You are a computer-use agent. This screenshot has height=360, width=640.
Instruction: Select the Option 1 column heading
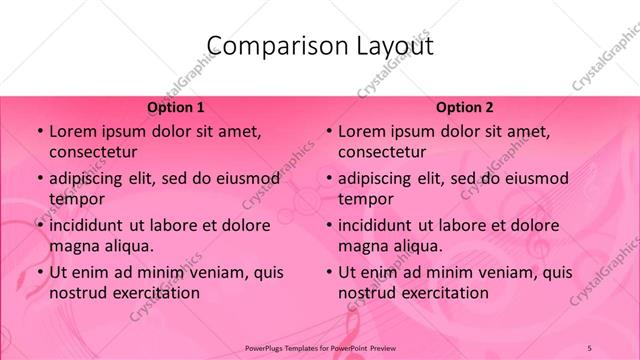175,107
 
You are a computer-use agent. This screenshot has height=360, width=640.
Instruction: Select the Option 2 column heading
464,107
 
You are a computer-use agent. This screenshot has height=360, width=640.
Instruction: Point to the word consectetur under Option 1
93,151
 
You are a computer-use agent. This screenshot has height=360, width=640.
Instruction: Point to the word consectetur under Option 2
382,151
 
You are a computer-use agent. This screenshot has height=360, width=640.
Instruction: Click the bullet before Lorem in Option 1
39,132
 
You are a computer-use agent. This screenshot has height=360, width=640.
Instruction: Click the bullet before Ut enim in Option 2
328,273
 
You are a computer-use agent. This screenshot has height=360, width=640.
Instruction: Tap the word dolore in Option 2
534,225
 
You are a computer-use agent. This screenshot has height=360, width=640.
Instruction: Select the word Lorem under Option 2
361,131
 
